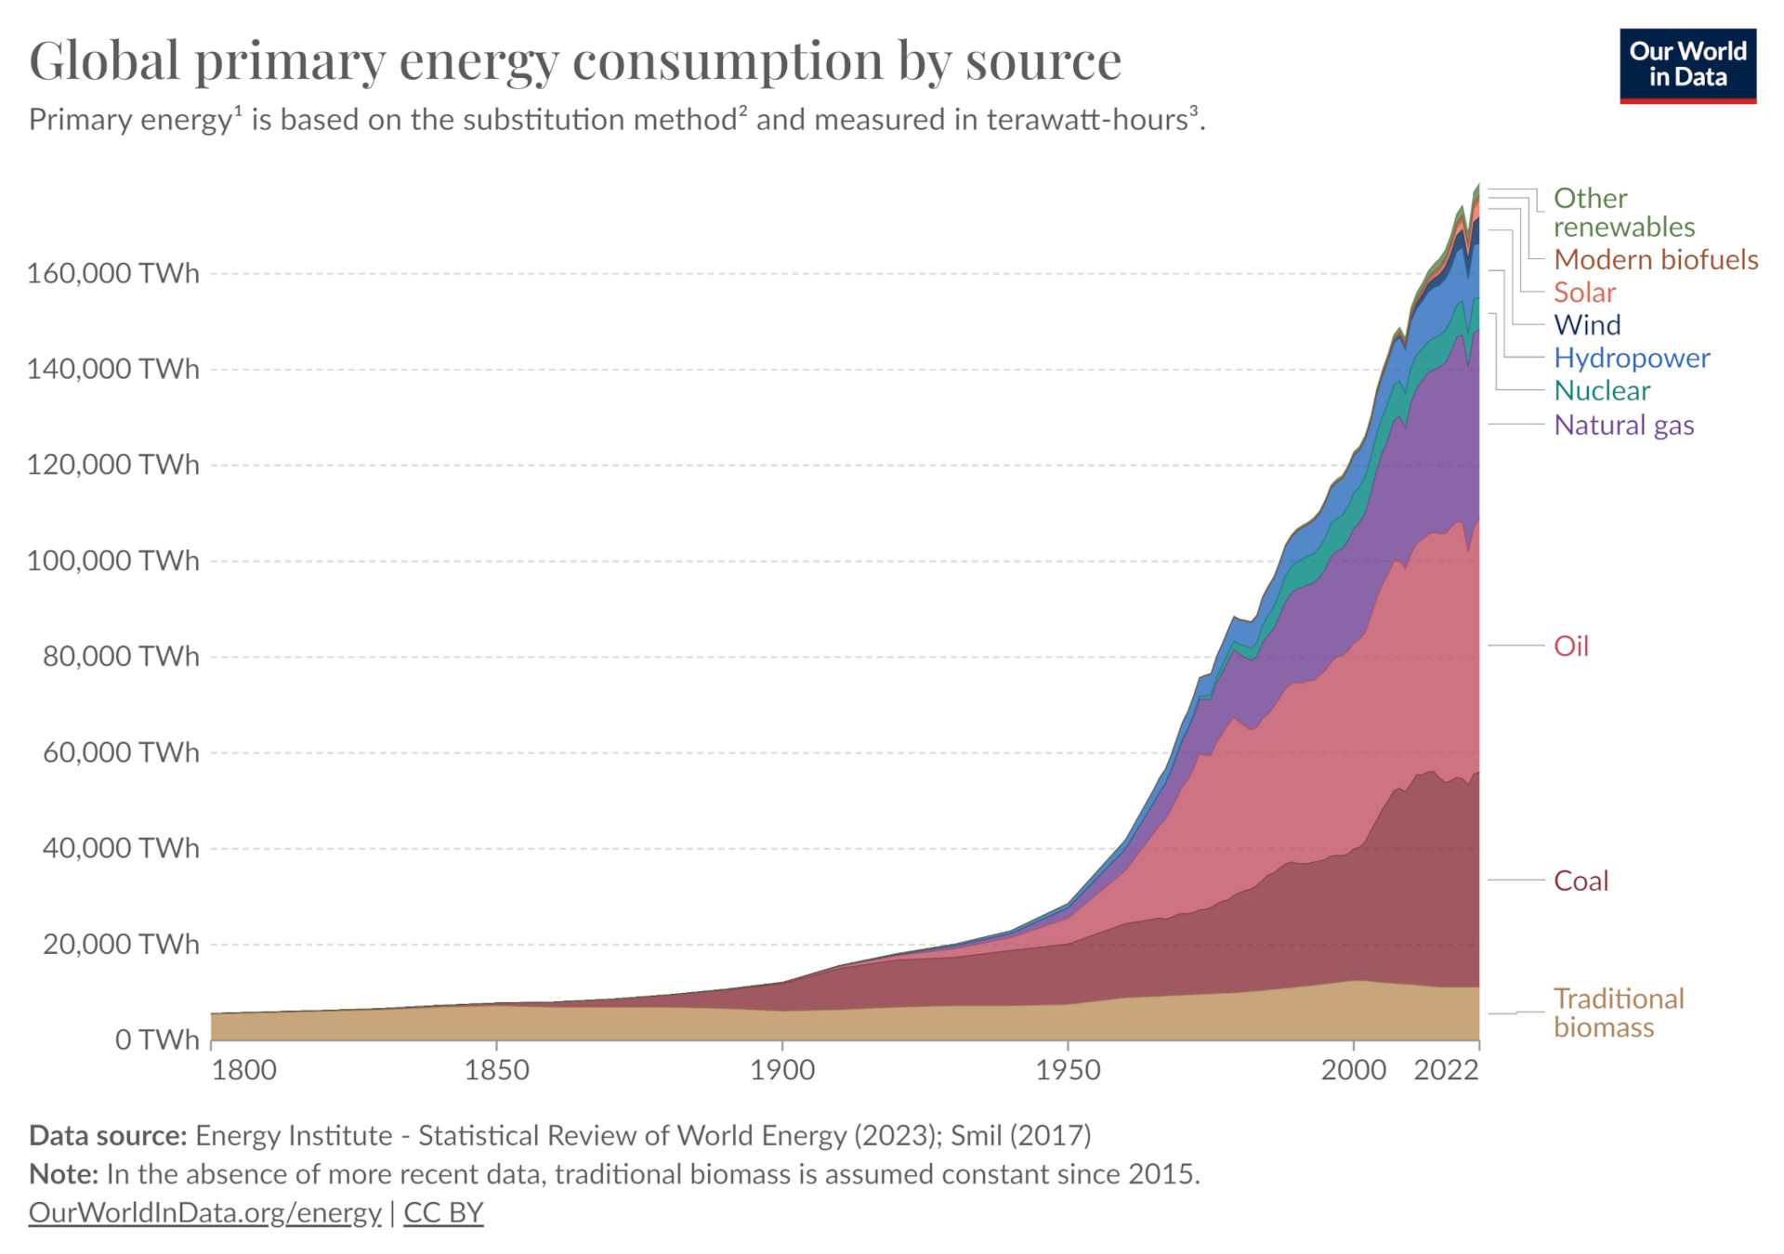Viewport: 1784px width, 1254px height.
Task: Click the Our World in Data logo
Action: pos(1687,65)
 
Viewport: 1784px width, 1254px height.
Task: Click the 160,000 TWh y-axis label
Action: pos(113,273)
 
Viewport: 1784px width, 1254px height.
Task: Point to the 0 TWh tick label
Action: pos(157,1039)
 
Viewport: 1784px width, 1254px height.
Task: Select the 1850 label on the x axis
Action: pos(496,1070)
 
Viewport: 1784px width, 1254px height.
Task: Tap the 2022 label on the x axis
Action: pos(1446,1070)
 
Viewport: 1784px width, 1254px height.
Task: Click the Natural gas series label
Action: pos(1623,425)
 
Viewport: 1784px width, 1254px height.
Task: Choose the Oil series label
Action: pos(1570,647)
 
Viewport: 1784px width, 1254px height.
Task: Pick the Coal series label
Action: pos(1580,881)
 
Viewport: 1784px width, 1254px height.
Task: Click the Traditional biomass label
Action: pos(1618,1013)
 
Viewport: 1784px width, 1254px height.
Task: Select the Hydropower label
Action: pos(1631,359)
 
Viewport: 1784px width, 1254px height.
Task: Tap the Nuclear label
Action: pos(1602,391)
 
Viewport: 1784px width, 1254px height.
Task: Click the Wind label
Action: pos(1587,325)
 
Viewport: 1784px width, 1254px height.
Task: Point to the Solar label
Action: pos(1584,293)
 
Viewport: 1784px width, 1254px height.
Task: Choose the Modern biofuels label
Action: pos(1655,260)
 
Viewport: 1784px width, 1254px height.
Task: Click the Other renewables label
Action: pos(1623,213)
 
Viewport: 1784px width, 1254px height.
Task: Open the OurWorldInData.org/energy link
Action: pos(204,1212)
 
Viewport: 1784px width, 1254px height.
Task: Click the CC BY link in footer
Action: pos(443,1212)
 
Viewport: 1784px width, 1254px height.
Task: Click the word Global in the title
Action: pos(104,61)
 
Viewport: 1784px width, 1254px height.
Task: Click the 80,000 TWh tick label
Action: pos(121,657)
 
